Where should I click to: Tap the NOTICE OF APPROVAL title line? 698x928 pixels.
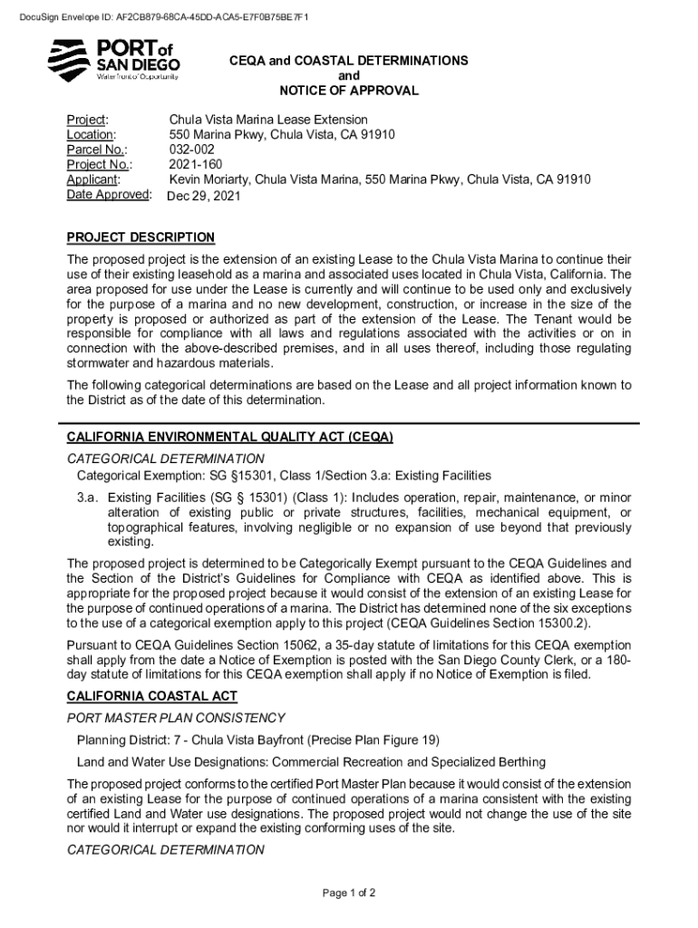(349, 91)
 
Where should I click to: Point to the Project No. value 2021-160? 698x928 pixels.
(196, 165)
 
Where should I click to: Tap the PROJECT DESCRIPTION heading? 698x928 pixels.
(141, 237)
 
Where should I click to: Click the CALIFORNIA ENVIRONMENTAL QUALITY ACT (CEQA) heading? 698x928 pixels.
(229, 437)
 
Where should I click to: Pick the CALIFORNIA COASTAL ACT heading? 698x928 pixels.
(152, 696)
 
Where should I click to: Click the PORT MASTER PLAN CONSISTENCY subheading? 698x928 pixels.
(176, 718)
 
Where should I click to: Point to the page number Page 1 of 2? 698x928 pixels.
(349, 893)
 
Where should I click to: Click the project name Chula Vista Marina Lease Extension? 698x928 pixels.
(268, 120)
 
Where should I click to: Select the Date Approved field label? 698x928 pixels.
(108, 195)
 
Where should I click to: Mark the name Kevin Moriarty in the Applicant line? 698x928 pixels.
(210, 179)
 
